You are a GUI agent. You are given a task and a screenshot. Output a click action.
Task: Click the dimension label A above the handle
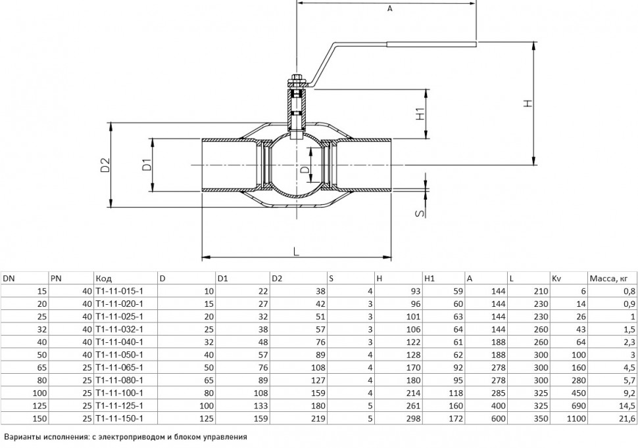pyautogui.click(x=389, y=9)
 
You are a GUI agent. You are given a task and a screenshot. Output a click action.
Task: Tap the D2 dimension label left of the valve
pyautogui.click(x=105, y=165)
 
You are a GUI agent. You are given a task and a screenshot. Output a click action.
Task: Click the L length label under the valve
pyautogui.click(x=296, y=252)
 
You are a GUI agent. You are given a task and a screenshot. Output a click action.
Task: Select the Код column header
pyautogui.click(x=104, y=279)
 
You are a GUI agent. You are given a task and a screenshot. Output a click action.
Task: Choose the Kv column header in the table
pyautogui.click(x=556, y=279)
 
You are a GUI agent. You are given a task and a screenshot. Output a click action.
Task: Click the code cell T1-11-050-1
pyautogui.click(x=120, y=355)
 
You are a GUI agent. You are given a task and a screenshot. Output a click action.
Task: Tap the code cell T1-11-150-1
pyautogui.click(x=120, y=418)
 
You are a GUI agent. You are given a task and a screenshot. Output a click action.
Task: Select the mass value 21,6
pyautogui.click(x=627, y=418)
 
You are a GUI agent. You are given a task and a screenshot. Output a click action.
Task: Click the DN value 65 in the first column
pyautogui.click(x=42, y=367)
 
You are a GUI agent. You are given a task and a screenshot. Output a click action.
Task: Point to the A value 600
pyautogui.click(x=498, y=418)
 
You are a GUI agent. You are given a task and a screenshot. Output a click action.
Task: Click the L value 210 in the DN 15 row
pyautogui.click(x=541, y=291)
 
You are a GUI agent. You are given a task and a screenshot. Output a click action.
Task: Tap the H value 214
pyautogui.click(x=413, y=393)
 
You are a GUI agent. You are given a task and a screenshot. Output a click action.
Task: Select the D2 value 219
pyautogui.click(x=318, y=418)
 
